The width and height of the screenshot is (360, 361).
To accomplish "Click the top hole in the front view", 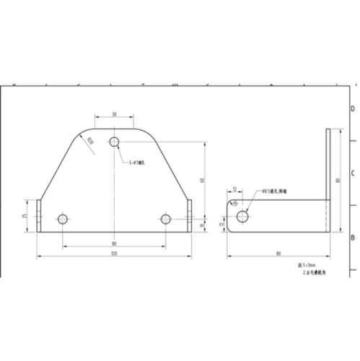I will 115,142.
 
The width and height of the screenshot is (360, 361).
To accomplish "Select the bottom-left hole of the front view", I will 63,219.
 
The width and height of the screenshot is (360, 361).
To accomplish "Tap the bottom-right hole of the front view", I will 166,219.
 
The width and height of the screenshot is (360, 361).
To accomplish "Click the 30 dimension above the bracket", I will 115,115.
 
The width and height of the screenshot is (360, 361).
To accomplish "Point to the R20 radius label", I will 90,141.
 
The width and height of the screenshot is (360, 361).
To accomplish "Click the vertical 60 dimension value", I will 203,180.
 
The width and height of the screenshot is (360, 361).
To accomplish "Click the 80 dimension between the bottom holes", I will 114,243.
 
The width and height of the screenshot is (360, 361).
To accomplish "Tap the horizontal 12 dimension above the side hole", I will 235,189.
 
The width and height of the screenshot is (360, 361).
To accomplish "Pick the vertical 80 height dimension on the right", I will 338,180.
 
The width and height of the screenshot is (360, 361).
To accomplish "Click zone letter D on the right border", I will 352,109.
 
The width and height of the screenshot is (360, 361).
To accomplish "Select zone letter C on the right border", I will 352,173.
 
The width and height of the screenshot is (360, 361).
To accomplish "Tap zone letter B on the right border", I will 352,238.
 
